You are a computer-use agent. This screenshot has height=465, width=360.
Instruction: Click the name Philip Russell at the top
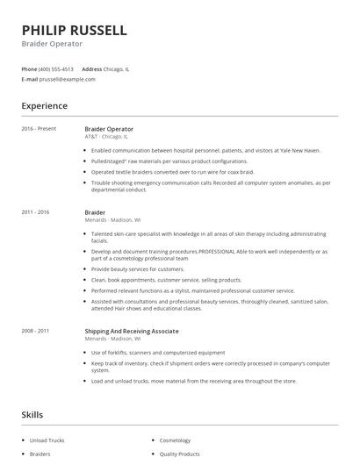[x=75, y=30]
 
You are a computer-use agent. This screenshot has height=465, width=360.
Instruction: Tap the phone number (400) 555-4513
[x=57, y=68]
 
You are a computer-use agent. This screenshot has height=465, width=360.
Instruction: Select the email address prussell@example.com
[x=68, y=79]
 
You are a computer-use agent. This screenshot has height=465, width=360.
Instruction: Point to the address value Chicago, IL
[x=118, y=68]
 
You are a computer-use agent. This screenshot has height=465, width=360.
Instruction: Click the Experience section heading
[x=45, y=106]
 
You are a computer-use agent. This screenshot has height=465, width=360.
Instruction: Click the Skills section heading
[x=32, y=413]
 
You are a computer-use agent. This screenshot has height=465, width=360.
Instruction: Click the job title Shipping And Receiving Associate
[x=132, y=331]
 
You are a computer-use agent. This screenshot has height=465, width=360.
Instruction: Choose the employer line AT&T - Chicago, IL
[x=106, y=137]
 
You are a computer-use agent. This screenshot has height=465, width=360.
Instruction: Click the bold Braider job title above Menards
[x=95, y=212]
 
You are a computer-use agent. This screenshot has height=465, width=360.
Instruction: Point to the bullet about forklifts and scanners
[x=158, y=352]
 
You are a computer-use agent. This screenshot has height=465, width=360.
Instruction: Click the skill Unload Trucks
[x=48, y=440]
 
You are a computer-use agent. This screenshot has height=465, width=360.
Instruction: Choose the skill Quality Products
[x=181, y=454]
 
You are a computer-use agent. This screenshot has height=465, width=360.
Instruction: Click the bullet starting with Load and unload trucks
[x=194, y=380]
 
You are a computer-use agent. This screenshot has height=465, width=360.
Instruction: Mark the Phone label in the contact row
[x=28, y=68]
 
